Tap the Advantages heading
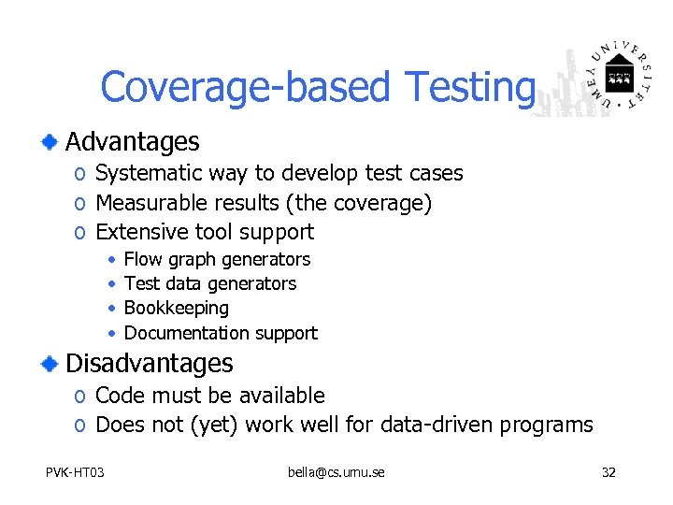132,142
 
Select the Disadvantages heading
149,363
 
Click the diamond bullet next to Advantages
50,142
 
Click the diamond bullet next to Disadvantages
50,363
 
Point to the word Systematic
147,173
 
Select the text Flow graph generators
217,259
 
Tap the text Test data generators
210,283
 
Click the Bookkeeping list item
176,308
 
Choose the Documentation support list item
221,333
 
